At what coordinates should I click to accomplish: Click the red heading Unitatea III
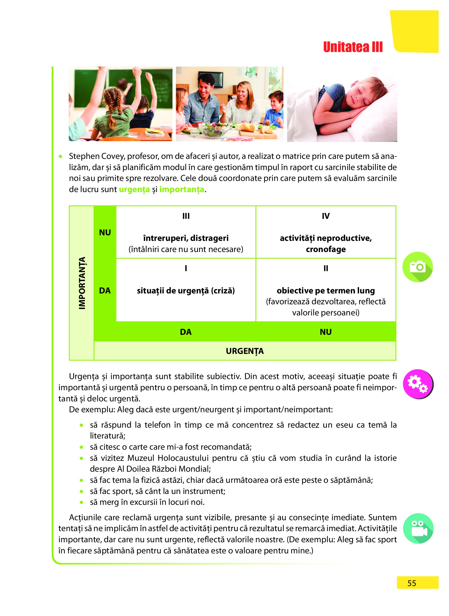tap(352, 47)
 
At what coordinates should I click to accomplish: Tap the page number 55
tap(412, 583)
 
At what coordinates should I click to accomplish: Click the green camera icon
tap(417, 267)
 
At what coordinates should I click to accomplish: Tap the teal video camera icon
tap(418, 528)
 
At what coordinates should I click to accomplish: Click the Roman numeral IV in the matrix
tap(326, 216)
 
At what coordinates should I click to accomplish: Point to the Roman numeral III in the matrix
tap(186, 216)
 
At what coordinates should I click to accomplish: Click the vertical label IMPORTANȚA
tap(82, 283)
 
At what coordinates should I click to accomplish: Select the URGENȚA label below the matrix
tap(245, 351)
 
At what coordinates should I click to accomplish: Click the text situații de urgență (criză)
tap(186, 290)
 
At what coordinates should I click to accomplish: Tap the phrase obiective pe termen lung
tap(326, 290)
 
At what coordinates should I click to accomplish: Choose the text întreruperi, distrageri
tap(186, 238)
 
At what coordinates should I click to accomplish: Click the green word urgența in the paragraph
tap(134, 189)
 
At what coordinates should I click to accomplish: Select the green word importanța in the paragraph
tap(182, 189)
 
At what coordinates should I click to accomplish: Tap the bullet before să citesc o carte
tap(81, 447)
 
